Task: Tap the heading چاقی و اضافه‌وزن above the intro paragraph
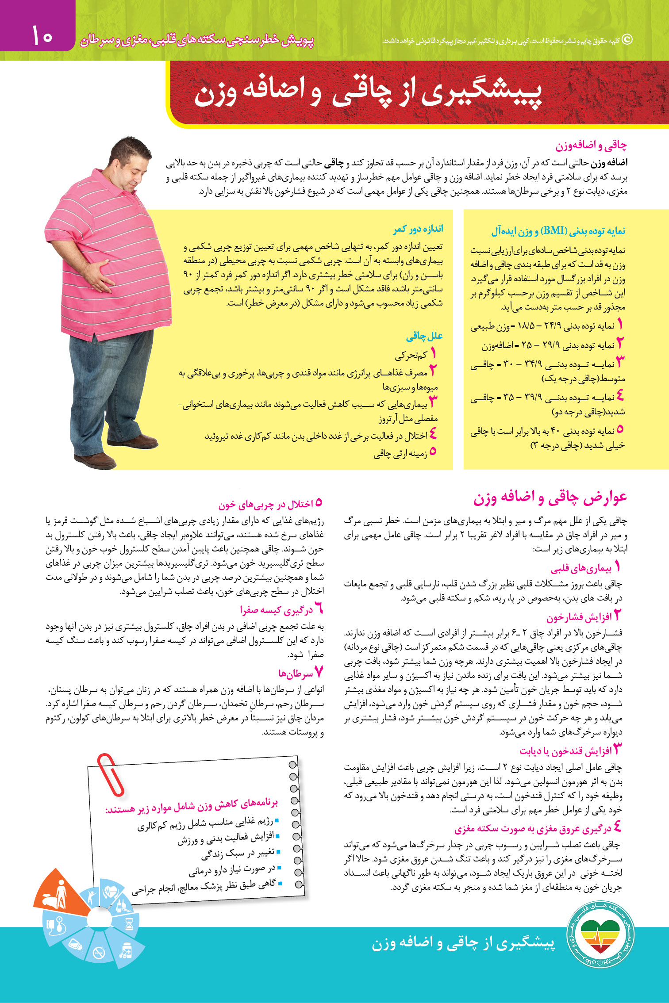point(591,145)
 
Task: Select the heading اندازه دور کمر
point(418,229)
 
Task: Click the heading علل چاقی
point(424,336)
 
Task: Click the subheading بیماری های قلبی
point(581,568)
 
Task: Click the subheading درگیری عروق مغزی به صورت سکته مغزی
point(533,828)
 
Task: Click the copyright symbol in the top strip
point(627,40)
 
